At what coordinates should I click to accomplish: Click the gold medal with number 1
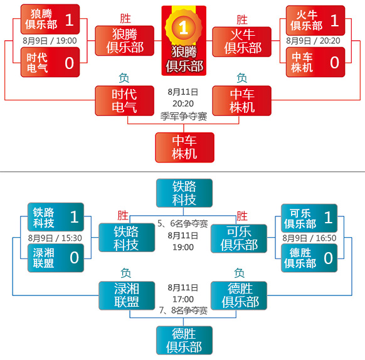183,28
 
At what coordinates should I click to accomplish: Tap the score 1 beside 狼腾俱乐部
70,20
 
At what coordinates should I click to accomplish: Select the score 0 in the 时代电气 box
70,63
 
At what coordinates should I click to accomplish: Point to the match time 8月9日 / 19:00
50,41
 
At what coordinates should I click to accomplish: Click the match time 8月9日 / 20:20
313,41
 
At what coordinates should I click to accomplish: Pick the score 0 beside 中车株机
334,63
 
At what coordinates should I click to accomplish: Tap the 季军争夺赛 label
184,116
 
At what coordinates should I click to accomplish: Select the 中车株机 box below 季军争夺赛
184,147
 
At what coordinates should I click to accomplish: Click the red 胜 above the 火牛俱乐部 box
242,19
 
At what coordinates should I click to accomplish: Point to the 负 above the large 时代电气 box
124,78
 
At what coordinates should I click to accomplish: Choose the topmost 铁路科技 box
184,193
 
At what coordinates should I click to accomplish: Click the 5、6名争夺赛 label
182,223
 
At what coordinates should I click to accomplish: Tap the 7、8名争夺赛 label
183,310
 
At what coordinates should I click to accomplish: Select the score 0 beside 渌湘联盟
74,258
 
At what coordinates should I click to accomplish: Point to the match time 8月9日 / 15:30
55,238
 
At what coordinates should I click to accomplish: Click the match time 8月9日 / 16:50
309,238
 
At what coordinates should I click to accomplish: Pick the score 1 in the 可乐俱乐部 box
328,217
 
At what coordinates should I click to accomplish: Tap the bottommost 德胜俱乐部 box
184,341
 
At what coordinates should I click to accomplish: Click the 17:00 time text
183,299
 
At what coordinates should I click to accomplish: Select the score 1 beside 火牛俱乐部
334,20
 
